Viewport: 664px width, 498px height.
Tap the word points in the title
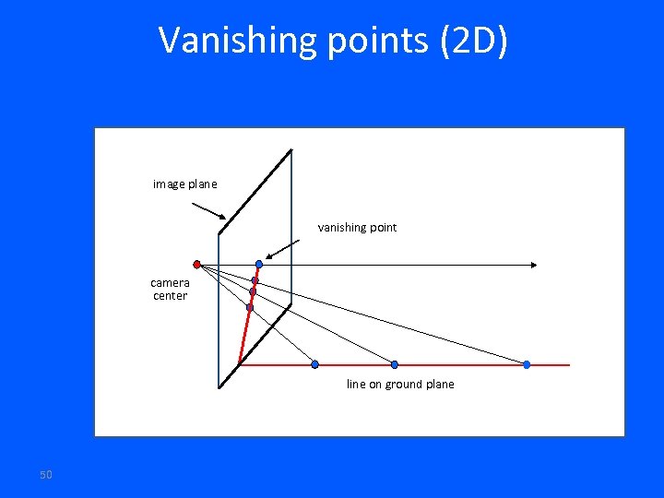(354, 41)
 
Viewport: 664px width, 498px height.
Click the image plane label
(184, 184)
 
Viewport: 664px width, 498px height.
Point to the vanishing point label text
(357, 227)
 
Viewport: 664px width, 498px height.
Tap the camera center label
(170, 289)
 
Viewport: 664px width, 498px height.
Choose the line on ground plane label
(400, 385)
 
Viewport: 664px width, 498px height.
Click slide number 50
(46, 474)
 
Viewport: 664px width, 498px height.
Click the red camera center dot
(196, 264)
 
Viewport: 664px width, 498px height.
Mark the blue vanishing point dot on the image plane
(259, 265)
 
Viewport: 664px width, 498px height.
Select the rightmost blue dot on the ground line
(527, 364)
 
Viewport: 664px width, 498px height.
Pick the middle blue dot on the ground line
(395, 364)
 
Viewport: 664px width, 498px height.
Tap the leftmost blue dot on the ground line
(315, 364)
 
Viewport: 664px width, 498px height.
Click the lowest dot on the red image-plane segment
(250, 307)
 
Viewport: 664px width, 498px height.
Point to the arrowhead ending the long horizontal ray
(534, 266)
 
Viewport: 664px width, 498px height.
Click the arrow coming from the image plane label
(208, 210)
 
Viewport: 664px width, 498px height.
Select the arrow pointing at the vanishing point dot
(283, 249)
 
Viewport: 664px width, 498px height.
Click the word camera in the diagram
(170, 282)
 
